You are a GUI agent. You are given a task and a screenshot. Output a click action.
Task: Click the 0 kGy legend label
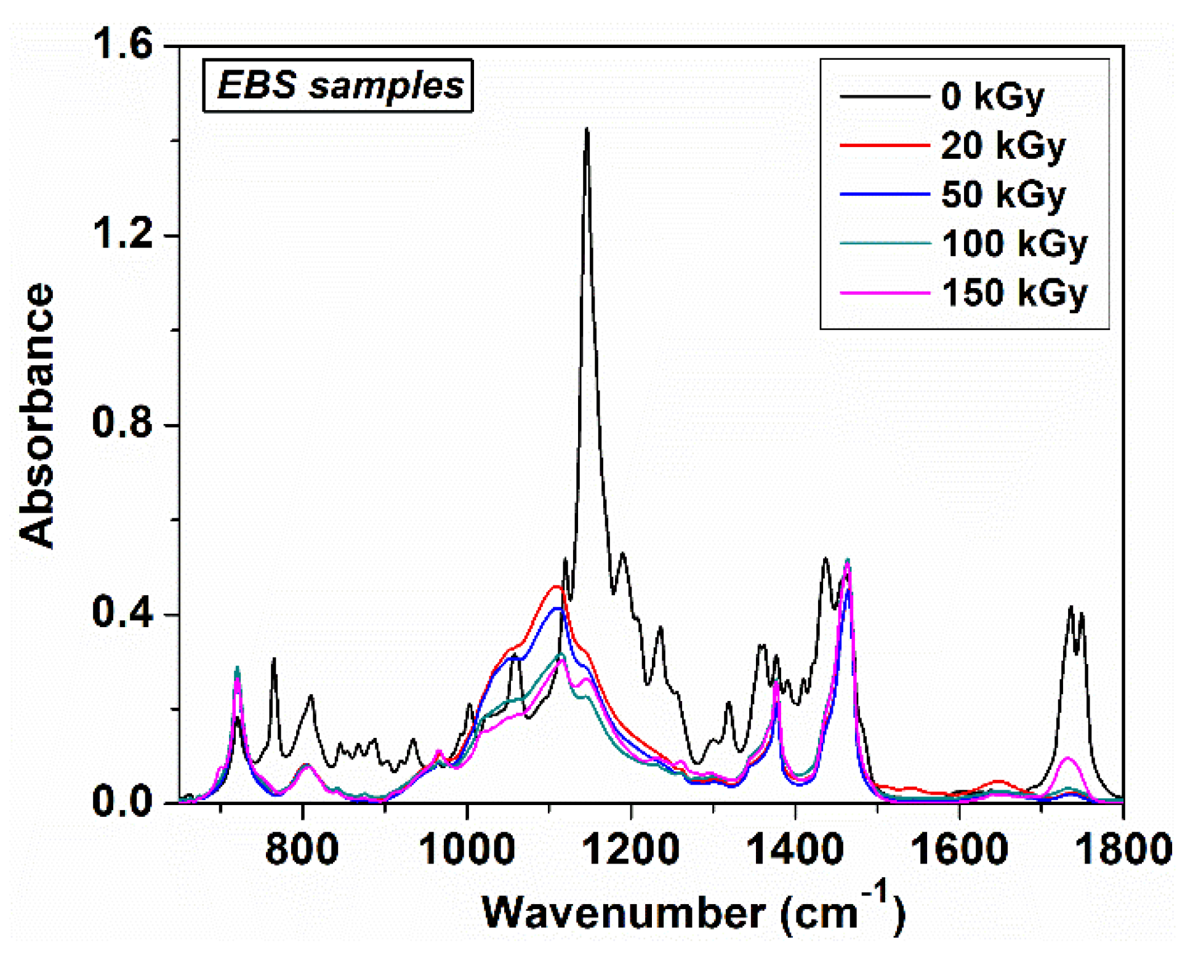[x=992, y=97]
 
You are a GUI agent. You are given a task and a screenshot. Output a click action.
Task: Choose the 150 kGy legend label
[x=1014, y=292]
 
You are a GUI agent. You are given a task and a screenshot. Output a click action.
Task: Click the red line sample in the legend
[x=884, y=146]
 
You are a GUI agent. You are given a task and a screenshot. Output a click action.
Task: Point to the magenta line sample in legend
[x=884, y=293]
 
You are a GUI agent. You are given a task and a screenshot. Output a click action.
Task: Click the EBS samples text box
[x=338, y=86]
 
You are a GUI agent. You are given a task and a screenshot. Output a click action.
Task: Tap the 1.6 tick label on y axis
[x=121, y=46]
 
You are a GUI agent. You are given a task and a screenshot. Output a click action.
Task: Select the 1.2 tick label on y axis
[x=121, y=235]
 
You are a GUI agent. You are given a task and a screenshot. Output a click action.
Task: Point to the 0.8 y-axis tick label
[x=121, y=425]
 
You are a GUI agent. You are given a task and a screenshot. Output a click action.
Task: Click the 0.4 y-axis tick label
[x=121, y=614]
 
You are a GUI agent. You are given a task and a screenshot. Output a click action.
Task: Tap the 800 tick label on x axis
[x=302, y=849]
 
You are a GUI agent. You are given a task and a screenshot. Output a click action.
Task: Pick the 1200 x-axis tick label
[x=631, y=849]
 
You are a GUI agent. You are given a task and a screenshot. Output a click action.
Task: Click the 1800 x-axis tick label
[x=1123, y=849]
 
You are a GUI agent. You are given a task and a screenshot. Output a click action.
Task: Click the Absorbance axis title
[x=37, y=415]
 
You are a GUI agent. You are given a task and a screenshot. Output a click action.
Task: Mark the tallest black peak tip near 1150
[x=587, y=129]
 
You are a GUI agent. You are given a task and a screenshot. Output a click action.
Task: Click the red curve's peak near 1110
[x=556, y=587]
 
